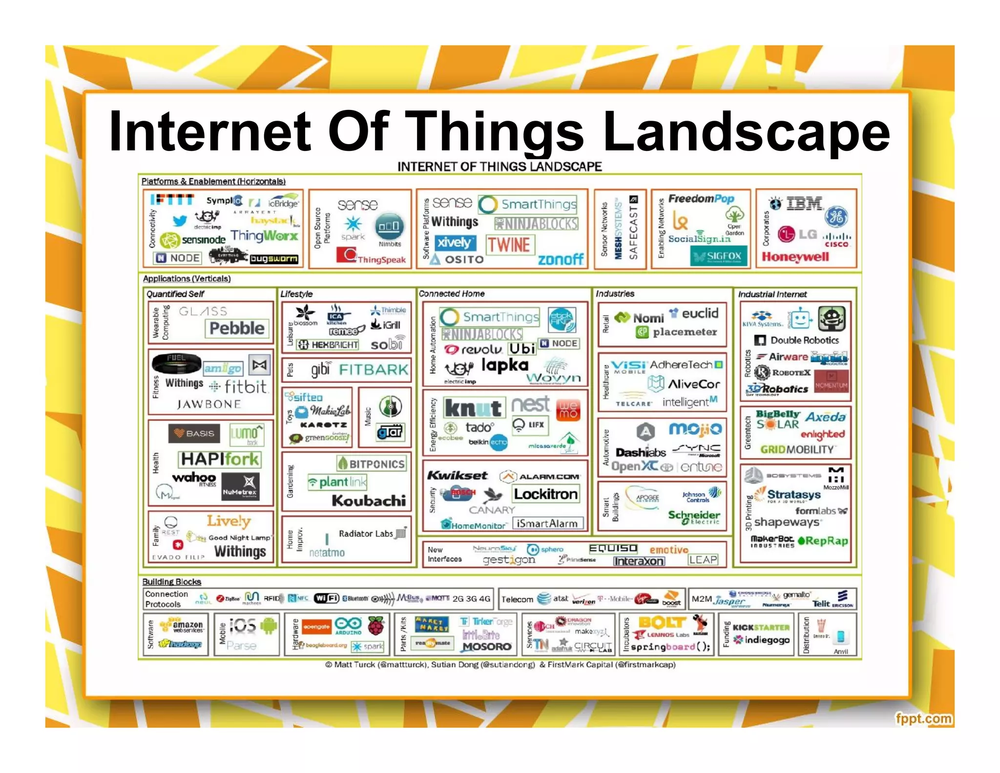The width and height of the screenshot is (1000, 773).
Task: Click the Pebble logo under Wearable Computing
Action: point(237,328)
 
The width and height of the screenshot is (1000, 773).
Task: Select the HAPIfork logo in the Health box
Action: point(220,459)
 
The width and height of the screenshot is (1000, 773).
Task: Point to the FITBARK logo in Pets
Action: point(374,369)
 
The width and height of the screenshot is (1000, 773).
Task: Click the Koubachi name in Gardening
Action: point(369,500)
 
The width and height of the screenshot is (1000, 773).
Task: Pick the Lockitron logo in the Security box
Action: point(545,494)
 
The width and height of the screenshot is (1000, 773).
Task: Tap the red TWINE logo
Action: point(509,244)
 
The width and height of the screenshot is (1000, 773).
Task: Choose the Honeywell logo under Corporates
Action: point(795,257)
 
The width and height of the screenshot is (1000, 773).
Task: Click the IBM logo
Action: point(804,203)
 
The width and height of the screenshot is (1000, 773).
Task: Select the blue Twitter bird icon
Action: point(179,220)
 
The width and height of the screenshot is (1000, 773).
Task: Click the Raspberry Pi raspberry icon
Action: point(375,625)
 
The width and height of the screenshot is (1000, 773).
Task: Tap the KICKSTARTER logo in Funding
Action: point(761,627)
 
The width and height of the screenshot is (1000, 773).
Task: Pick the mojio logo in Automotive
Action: point(695,429)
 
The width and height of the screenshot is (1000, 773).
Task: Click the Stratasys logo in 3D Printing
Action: point(793,494)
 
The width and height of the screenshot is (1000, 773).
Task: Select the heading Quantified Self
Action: point(175,294)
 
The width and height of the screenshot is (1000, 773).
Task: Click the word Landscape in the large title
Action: point(746,132)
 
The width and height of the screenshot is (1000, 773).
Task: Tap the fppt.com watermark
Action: point(923,719)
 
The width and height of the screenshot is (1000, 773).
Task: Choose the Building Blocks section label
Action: point(171,582)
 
